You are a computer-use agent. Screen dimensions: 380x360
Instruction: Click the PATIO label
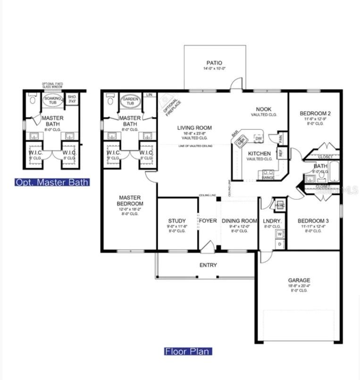[214, 63]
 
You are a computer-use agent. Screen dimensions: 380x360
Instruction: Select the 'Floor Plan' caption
[188, 351]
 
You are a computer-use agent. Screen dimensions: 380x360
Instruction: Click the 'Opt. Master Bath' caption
[52, 182]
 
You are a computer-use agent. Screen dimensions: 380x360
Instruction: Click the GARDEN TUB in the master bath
[129, 101]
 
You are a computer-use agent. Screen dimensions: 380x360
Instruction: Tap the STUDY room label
[177, 221]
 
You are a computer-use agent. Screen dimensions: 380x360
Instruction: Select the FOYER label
[208, 221]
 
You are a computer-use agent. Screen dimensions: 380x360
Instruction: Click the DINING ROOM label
[239, 221]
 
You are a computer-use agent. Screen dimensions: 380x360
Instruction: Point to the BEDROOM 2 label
[316, 113]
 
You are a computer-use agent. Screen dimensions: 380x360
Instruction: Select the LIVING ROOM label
[194, 127]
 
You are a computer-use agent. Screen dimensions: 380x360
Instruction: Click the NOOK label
[263, 109]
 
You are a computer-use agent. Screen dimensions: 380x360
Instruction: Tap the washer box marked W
[279, 234]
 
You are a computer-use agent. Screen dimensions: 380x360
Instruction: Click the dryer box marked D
[279, 244]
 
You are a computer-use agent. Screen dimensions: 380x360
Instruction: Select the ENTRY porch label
[208, 265]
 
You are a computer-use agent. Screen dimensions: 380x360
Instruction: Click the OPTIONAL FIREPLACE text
[170, 105]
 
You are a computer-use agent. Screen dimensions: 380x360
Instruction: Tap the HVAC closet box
[279, 206]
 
